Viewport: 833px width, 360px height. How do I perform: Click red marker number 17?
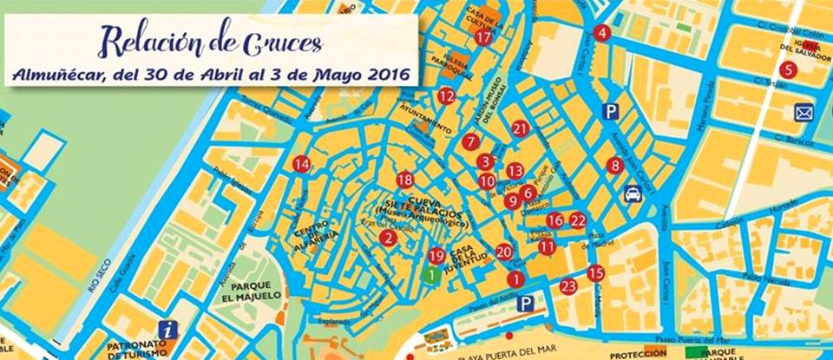point(483,37)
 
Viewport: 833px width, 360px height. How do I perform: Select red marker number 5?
point(788,69)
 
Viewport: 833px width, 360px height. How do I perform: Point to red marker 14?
point(301,164)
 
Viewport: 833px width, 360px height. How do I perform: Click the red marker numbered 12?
point(446,96)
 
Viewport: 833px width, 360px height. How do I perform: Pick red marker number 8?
point(615,165)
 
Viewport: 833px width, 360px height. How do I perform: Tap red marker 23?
point(568,286)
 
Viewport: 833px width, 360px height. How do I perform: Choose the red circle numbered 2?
point(389,238)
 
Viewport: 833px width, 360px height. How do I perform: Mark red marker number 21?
point(521,129)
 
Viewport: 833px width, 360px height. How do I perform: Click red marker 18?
point(405,180)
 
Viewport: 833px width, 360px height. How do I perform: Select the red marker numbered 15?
point(595,273)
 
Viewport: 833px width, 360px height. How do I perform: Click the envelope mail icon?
point(803,112)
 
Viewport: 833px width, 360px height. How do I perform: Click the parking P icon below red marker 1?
point(526,303)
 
